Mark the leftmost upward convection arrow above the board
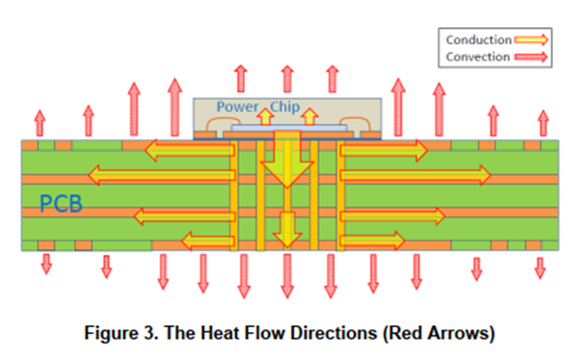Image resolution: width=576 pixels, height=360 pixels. point(39,123)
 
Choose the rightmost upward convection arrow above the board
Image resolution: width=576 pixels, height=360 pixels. point(543,123)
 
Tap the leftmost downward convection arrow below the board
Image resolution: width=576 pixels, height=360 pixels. point(45,264)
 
